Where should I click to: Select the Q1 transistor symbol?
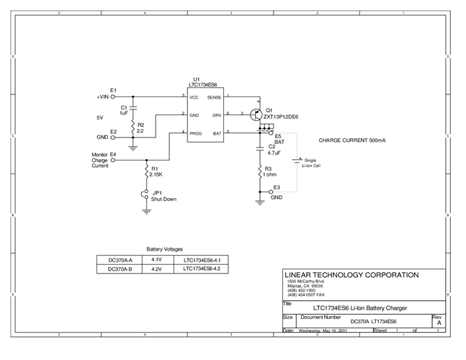coord(254,114)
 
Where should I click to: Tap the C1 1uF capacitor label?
coord(124,110)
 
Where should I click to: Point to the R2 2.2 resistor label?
coord(140,127)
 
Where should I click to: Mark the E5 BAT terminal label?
coord(279,139)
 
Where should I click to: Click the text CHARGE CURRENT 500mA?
coord(351,141)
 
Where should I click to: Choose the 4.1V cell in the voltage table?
coord(157,259)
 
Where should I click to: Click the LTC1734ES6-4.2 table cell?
coord(201,269)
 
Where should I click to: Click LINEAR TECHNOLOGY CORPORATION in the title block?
coord(352,275)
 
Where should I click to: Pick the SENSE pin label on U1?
coord(215,97)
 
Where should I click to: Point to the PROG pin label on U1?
coord(196,132)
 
